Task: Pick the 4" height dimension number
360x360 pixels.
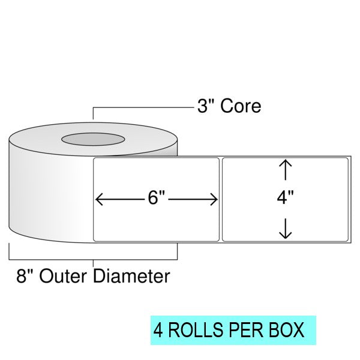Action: (x=286, y=198)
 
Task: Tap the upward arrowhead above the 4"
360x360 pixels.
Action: (x=286, y=163)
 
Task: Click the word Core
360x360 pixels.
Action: (x=241, y=106)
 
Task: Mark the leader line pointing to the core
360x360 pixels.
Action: (x=144, y=107)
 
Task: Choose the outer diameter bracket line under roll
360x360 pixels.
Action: (x=93, y=259)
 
